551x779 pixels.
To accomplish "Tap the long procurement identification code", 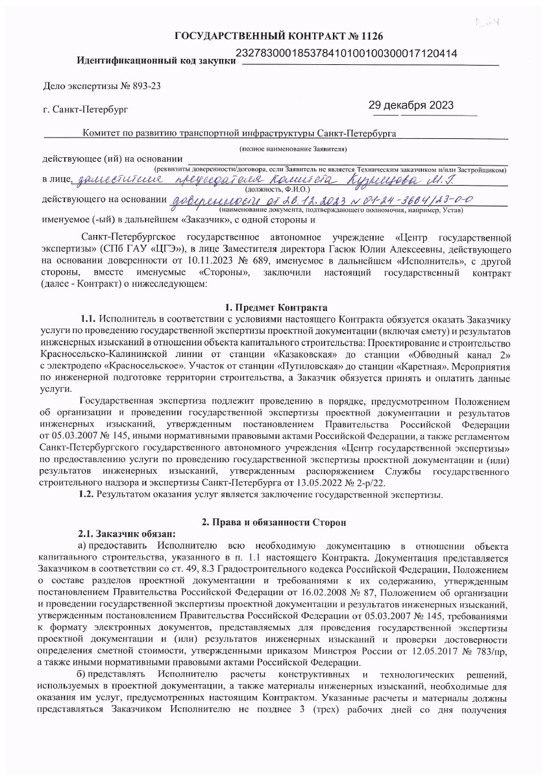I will (348, 54).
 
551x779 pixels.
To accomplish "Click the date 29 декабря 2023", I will (411, 106).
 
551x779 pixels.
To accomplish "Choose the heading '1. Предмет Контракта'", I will (275, 306).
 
